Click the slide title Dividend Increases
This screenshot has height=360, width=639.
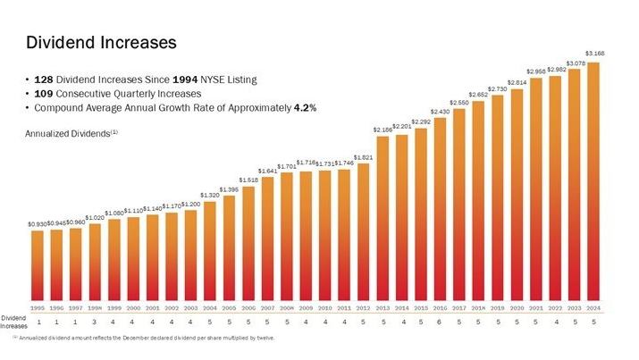click(x=101, y=42)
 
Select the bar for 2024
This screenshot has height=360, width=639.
click(x=593, y=179)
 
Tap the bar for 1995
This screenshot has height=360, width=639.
click(x=38, y=264)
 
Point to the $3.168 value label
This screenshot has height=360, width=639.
click(x=593, y=54)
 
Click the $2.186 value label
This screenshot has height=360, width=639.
click(x=383, y=130)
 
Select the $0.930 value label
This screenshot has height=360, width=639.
click(x=38, y=223)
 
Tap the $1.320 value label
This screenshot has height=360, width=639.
click(x=210, y=195)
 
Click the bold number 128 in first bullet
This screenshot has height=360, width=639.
click(x=46, y=80)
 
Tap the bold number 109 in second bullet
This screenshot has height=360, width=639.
click(x=46, y=93)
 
